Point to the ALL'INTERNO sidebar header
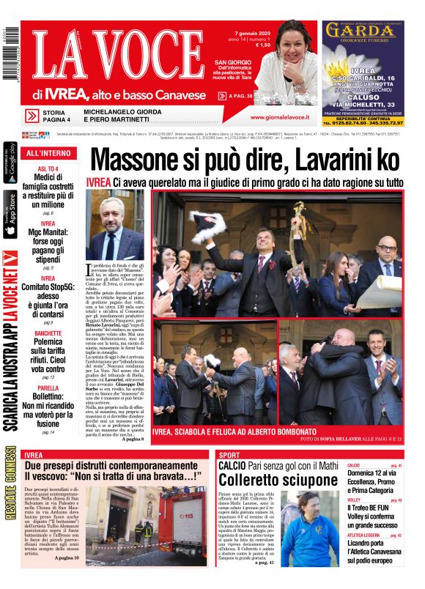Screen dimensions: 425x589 [49, 153]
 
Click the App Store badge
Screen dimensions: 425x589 [10, 215]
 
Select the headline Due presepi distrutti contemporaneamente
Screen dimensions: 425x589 [110, 466]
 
